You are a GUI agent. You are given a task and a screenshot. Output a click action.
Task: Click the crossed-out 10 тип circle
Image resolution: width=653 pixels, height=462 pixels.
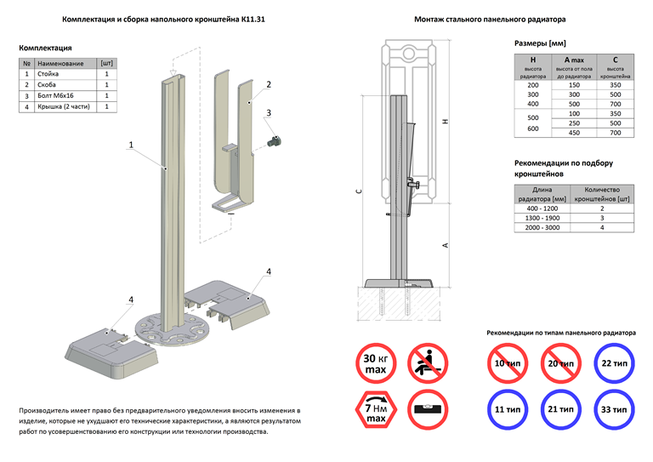click(x=508, y=363)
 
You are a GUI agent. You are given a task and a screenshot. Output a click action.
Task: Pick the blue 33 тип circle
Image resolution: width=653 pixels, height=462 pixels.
click(x=613, y=410)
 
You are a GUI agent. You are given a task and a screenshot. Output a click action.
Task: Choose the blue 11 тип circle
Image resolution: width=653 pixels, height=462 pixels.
click(x=508, y=410)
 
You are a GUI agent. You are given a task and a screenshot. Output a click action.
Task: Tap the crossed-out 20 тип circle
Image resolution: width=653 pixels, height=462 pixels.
click(x=560, y=363)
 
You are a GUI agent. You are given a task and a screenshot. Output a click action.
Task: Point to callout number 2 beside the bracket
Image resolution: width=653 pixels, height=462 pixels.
click(x=268, y=85)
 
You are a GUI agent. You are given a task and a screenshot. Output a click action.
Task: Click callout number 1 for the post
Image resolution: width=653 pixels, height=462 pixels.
click(x=131, y=145)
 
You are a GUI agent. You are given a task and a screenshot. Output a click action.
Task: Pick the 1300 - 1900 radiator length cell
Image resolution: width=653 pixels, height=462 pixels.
click(x=542, y=218)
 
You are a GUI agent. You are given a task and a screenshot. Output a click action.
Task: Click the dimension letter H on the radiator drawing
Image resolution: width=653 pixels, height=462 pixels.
click(x=445, y=123)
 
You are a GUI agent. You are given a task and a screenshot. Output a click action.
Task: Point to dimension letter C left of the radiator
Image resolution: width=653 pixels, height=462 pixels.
click(x=360, y=192)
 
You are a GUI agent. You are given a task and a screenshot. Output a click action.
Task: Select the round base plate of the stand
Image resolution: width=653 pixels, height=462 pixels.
click(x=171, y=329)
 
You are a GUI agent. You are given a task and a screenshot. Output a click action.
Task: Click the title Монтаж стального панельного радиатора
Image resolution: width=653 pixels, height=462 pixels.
click(x=490, y=18)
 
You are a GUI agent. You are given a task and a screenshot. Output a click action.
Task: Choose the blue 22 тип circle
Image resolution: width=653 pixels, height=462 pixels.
click(x=613, y=363)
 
